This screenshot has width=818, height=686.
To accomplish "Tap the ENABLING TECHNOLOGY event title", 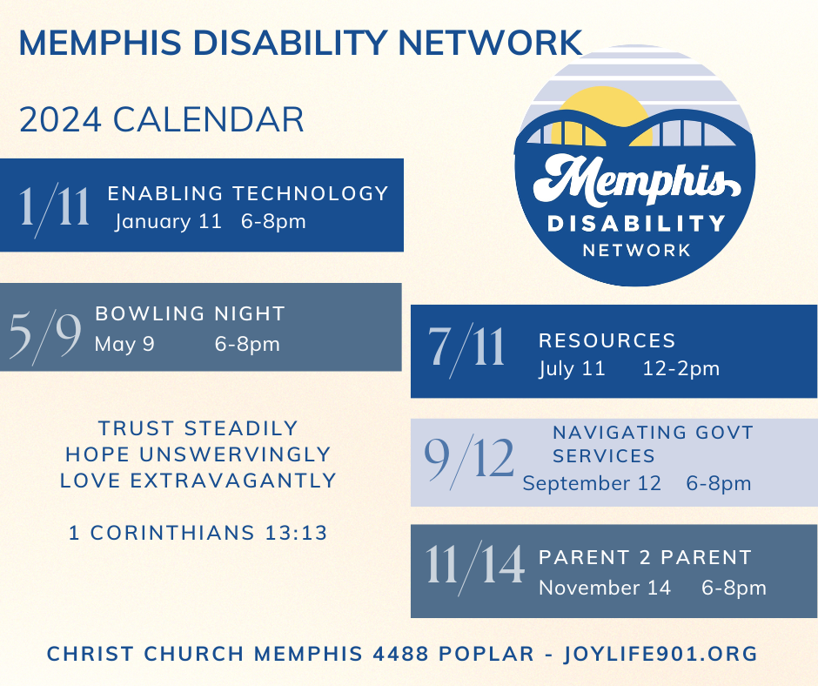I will click(x=248, y=193).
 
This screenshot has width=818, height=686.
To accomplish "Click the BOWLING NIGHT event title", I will click(x=190, y=313).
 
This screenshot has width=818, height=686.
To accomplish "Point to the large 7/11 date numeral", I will click(x=466, y=346).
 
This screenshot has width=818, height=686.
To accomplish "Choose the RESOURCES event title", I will click(x=607, y=340).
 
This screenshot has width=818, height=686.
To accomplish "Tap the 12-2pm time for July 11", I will click(x=681, y=368).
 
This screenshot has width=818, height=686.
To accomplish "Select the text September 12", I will click(x=592, y=483).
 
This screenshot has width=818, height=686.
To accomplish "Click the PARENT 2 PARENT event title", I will click(x=645, y=557).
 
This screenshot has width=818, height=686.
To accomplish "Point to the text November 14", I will click(x=605, y=588).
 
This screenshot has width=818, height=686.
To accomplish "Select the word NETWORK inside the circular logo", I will click(x=635, y=250).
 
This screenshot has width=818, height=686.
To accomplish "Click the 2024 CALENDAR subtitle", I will click(x=162, y=120).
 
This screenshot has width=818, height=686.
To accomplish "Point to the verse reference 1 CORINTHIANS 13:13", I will click(x=198, y=533).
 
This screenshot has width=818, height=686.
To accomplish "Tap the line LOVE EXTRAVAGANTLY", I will click(x=198, y=480).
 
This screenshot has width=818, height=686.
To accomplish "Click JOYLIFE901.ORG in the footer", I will click(x=660, y=653).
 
